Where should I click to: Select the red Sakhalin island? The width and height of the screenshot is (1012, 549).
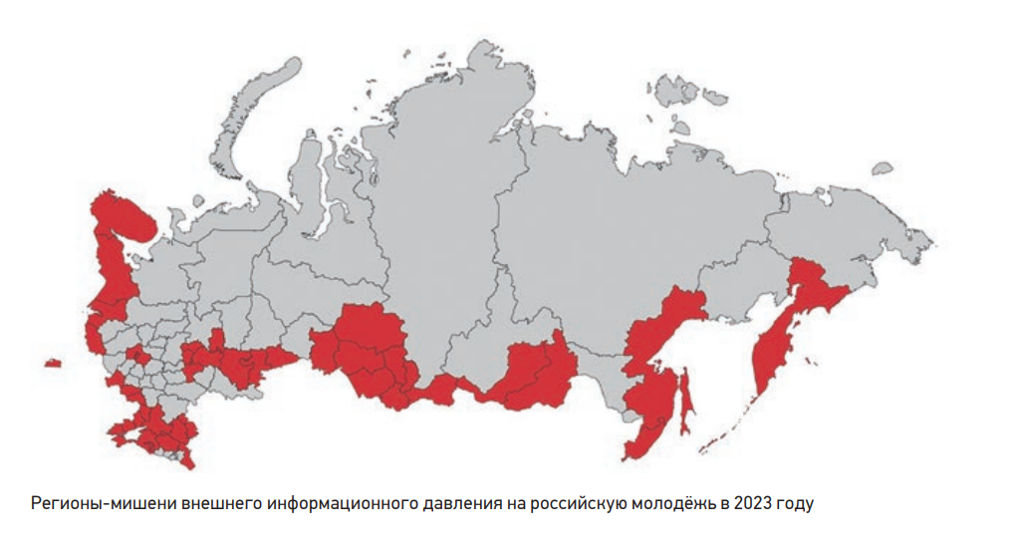(685, 404)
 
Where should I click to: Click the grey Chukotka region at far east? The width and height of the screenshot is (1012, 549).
(857, 219)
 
